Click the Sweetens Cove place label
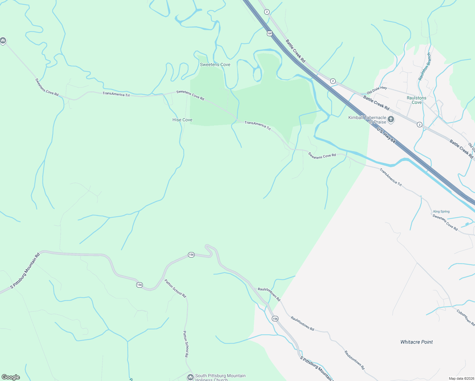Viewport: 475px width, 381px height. pyautogui.click(x=215, y=64)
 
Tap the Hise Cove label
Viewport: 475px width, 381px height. pyautogui.click(x=182, y=120)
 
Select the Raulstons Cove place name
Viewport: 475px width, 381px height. pyautogui.click(x=417, y=100)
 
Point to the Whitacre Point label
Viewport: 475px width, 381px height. pyautogui.click(x=417, y=342)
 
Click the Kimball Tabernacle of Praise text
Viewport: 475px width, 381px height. pyautogui.click(x=367, y=120)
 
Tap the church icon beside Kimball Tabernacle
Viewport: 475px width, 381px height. pyautogui.click(x=391, y=119)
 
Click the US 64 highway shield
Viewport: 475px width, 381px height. pyautogui.click(x=270, y=33)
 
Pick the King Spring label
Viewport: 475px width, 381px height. pyautogui.click(x=441, y=211)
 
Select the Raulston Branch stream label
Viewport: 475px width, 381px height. pyautogui.click(x=425, y=67)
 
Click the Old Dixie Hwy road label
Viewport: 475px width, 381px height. pyautogui.click(x=377, y=90)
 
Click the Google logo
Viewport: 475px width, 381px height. pyautogui.click(x=11, y=377)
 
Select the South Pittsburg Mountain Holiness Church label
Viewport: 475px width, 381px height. pyautogui.click(x=220, y=378)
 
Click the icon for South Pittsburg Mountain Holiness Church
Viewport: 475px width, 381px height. pyautogui.click(x=190, y=377)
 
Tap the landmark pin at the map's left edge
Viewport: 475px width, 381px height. pyautogui.click(x=3, y=40)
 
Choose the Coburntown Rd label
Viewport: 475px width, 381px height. pyautogui.click(x=466, y=317)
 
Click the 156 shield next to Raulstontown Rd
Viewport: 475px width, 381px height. pyautogui.click(x=275, y=318)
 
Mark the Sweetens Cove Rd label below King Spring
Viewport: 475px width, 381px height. pyautogui.click(x=445, y=223)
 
